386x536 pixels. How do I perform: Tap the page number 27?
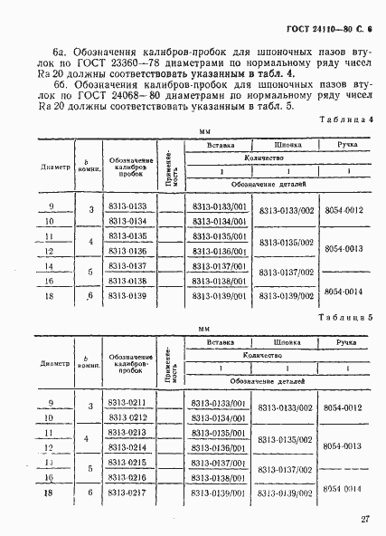tap(362, 519)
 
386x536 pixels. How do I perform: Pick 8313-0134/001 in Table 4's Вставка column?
tap(220, 223)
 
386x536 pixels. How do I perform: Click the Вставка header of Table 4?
tap(221, 144)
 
